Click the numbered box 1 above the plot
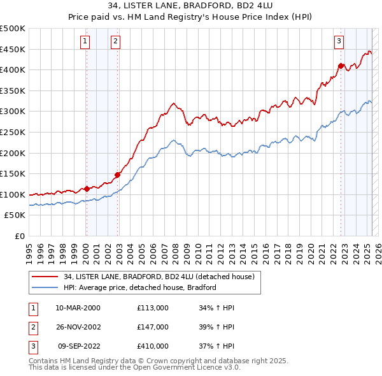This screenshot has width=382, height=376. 85,42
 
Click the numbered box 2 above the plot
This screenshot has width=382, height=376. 115,42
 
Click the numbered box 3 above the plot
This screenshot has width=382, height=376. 339,42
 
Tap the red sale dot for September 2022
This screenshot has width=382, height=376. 341,66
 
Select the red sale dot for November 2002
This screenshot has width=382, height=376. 117,175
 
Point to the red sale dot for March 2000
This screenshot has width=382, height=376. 87,189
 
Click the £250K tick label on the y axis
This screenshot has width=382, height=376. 13,132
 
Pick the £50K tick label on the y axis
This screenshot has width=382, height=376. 15,215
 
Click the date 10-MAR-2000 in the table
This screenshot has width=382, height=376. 78,308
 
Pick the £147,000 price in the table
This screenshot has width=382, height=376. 153,327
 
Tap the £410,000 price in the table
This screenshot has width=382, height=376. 153,346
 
